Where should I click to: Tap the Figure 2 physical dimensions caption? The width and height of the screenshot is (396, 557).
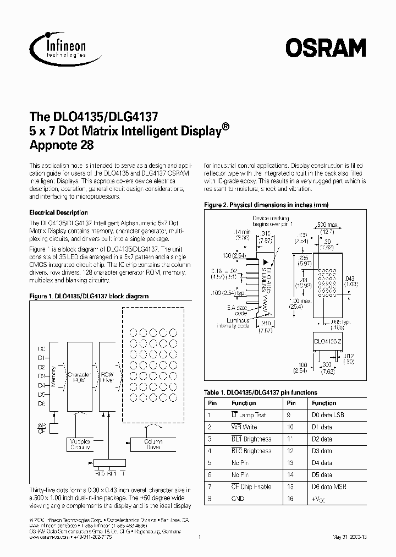(x=266, y=205)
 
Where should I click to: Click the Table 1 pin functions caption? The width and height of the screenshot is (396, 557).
(x=260, y=392)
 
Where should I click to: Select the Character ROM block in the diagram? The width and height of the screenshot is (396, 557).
(x=79, y=376)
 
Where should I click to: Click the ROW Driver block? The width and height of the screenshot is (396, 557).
(x=107, y=376)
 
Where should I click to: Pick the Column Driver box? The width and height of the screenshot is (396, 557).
(x=152, y=444)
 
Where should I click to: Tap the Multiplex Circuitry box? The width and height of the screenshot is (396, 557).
(x=81, y=444)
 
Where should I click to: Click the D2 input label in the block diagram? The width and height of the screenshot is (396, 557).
(x=41, y=367)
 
